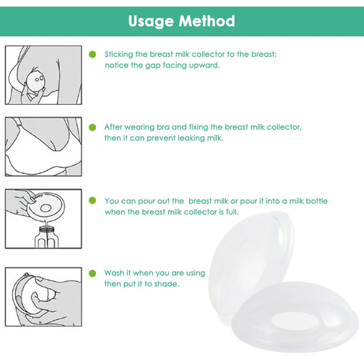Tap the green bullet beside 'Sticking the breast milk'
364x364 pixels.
pos(92,54)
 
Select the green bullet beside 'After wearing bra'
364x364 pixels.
pos(92,127)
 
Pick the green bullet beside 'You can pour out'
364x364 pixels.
pos(92,201)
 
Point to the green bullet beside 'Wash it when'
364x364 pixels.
pos(92,273)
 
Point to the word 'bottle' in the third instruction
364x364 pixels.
pos(316,201)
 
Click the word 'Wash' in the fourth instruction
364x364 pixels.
pos(114,273)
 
